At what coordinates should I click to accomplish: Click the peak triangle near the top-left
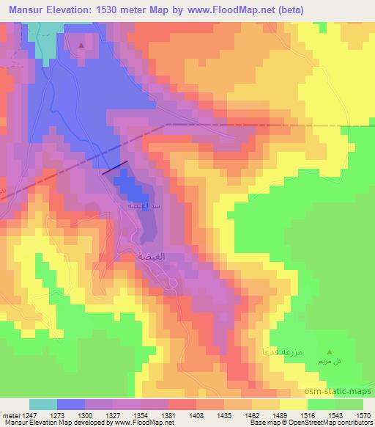pyautogui.click(x=81, y=45)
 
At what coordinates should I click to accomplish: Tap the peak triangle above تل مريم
pyautogui.click(x=330, y=352)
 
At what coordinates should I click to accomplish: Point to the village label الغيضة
pyautogui.click(x=155, y=257)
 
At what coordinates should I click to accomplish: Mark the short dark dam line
pyautogui.click(x=115, y=168)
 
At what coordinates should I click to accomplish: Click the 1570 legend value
pyautogui.click(x=363, y=415)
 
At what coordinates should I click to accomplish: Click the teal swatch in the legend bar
pyautogui.click(x=42, y=404)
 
